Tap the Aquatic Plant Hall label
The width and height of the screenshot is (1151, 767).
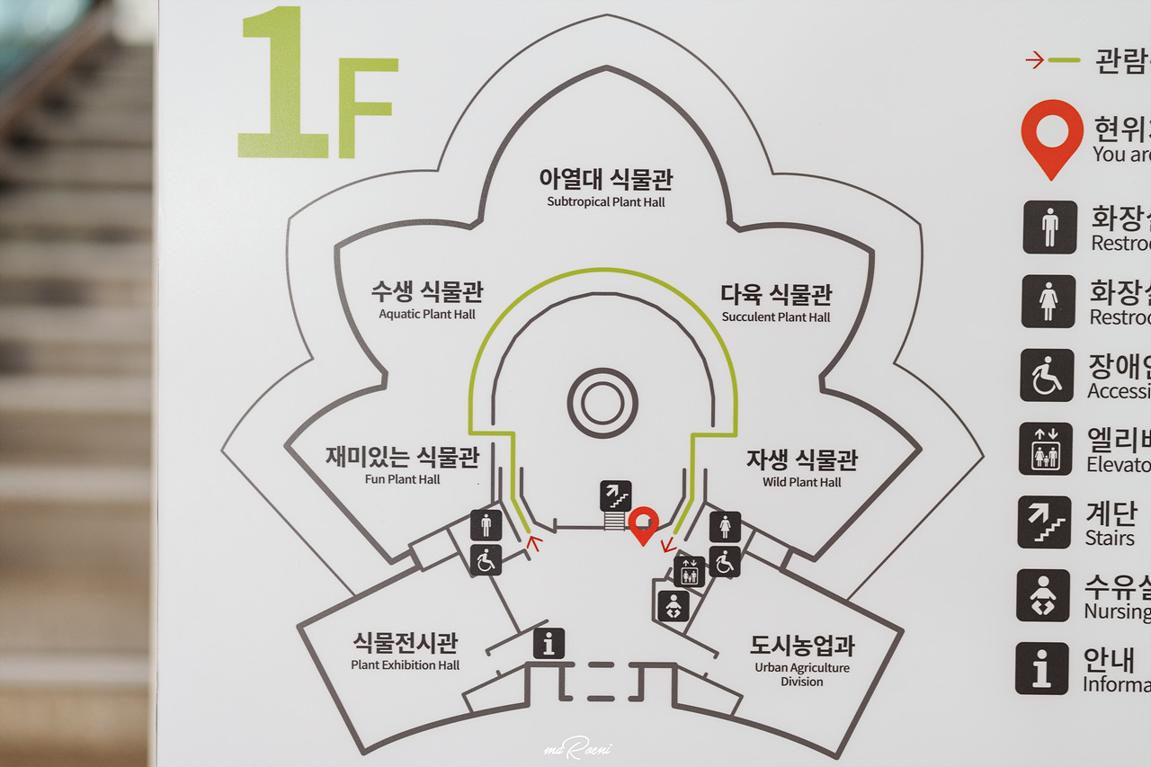[x=427, y=300]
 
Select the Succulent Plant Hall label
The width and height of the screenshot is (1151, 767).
[x=776, y=303]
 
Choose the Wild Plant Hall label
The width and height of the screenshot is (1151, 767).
[x=801, y=468]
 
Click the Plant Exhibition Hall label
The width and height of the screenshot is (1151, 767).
[x=405, y=651]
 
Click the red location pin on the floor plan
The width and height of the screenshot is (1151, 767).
[x=643, y=524]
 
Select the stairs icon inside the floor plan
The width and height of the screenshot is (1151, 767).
[x=615, y=496]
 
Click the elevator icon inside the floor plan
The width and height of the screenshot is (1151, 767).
[x=690, y=572]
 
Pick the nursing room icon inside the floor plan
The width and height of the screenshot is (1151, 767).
[x=674, y=606]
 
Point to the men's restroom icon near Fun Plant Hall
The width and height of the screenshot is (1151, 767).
[x=486, y=525]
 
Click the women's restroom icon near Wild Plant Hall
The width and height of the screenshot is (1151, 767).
[x=725, y=527]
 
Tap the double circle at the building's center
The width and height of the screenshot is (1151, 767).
[x=602, y=403]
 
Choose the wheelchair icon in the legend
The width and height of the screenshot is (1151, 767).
[x=1047, y=375]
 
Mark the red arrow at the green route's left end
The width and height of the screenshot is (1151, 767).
[x=533, y=541]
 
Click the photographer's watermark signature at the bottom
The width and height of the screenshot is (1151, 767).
[x=575, y=749]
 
